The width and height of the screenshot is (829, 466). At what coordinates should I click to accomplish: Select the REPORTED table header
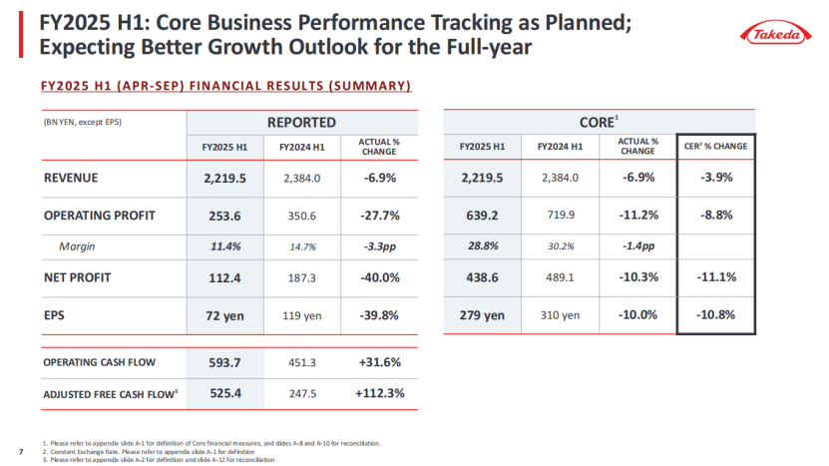pos(300,122)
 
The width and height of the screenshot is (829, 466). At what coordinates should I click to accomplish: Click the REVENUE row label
pos(72,179)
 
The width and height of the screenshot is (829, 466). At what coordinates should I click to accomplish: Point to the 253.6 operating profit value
pos(226,215)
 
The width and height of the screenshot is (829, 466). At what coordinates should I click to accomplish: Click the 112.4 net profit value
pos(226,278)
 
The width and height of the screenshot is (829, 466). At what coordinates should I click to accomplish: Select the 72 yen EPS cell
pos(226,315)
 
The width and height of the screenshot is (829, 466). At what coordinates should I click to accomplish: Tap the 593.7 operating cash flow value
pos(226,362)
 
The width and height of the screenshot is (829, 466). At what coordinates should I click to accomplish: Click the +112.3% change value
pos(379,393)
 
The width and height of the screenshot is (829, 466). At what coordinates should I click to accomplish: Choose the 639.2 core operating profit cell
pos(482,215)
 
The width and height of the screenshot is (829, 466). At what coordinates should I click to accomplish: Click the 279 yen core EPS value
pos(482,315)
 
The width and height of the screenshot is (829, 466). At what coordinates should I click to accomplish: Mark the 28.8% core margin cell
pos(482,246)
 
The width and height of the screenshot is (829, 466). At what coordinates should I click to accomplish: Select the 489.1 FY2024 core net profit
pos(558,278)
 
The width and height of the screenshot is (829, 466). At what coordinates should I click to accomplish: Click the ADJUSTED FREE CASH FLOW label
pos(110,394)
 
